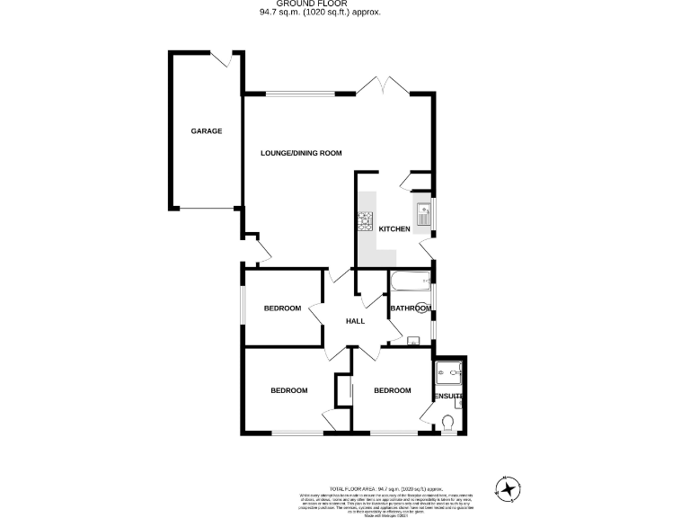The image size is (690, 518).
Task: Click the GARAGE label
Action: pyautogui.click(x=206, y=131)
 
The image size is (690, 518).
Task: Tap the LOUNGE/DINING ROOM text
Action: pyautogui.click(x=301, y=154)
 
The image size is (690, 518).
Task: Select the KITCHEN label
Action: pyautogui.click(x=394, y=229)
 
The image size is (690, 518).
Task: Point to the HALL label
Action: pyautogui.click(x=356, y=321)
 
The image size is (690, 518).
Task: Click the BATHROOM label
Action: pyautogui.click(x=411, y=308)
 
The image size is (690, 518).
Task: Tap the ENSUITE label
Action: pyautogui.click(x=448, y=396)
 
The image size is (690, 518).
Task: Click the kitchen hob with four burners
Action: pyautogui.click(x=366, y=219)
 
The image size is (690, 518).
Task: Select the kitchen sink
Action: pyautogui.click(x=423, y=216)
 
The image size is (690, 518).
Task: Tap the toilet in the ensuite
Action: pyautogui.click(x=448, y=421)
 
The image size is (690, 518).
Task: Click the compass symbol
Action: pyautogui.click(x=509, y=488)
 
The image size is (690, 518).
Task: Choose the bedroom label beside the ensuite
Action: pyautogui.click(x=392, y=390)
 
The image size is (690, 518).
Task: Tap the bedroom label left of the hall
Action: pyautogui.click(x=282, y=308)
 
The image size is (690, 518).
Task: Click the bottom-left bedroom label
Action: pyautogui.click(x=289, y=390)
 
